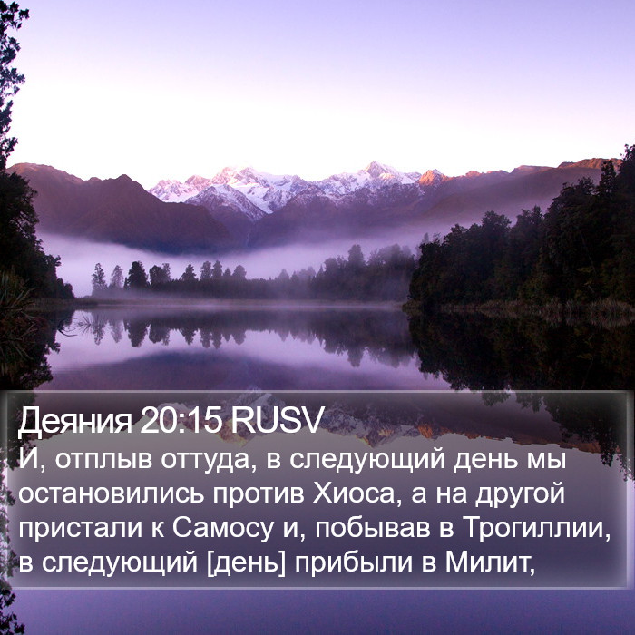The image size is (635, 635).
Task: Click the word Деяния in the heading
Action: click(x=75, y=421)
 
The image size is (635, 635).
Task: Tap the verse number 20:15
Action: click(x=181, y=419)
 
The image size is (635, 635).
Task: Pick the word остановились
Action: click(x=111, y=493)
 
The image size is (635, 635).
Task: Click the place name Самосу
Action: click(x=223, y=529)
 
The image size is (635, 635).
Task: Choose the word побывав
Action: click(x=372, y=528)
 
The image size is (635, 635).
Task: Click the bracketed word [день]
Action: click(x=246, y=563)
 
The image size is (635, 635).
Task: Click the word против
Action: click(x=258, y=495)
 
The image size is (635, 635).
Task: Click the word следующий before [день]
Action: click(x=120, y=563)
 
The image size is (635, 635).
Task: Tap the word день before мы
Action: click(x=485, y=461)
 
